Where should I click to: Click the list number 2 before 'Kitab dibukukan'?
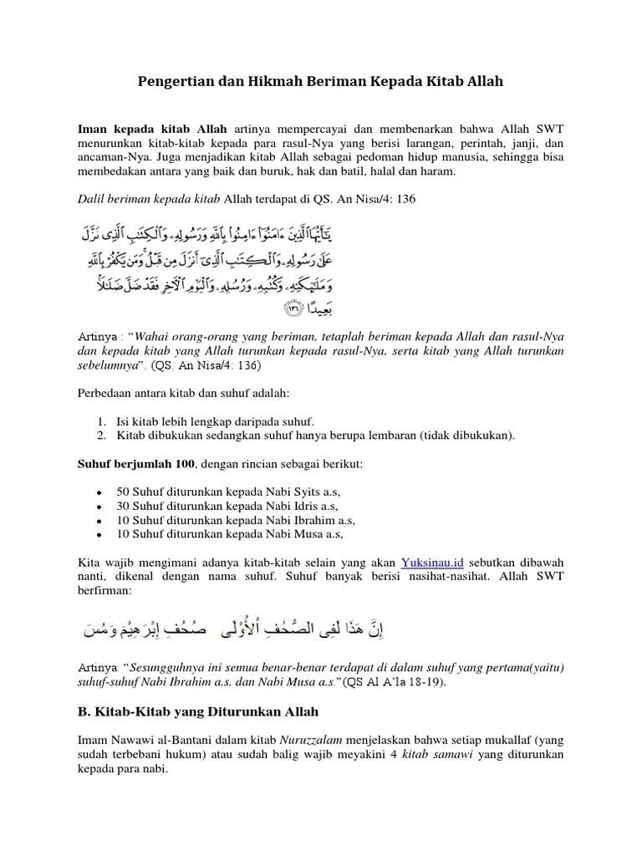(100, 435)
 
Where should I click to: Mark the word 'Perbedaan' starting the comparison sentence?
(106, 393)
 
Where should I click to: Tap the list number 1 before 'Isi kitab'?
(100, 420)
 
